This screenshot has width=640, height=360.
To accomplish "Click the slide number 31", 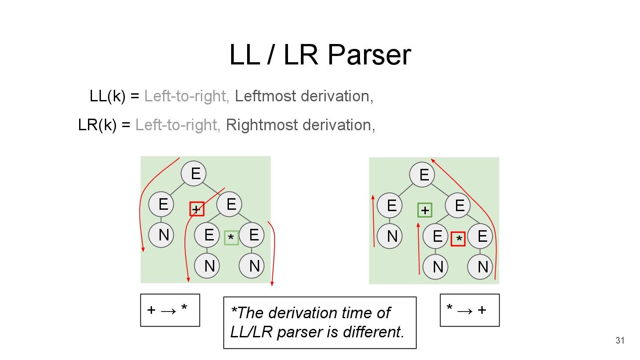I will click(x=620, y=341).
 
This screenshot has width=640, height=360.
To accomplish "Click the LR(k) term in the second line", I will click(x=97, y=125).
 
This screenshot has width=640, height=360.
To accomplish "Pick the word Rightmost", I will click(x=262, y=125).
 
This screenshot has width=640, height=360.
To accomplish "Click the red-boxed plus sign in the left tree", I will click(x=197, y=209).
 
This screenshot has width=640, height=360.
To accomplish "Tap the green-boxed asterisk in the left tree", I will click(x=231, y=238).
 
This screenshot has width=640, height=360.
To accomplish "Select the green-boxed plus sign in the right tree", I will click(x=425, y=210).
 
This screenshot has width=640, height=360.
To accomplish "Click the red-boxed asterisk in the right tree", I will click(x=458, y=239).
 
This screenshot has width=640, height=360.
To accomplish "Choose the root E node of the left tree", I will click(x=196, y=173).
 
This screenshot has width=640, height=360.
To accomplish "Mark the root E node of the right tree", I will click(x=424, y=174).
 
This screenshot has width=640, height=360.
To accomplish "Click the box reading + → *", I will click(x=170, y=310).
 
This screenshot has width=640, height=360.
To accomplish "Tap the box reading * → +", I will click(x=469, y=310).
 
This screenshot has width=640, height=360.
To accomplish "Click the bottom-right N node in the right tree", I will click(x=483, y=267).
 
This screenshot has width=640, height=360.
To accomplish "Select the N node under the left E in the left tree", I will click(x=163, y=235).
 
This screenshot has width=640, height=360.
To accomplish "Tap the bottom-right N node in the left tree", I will click(x=254, y=266).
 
